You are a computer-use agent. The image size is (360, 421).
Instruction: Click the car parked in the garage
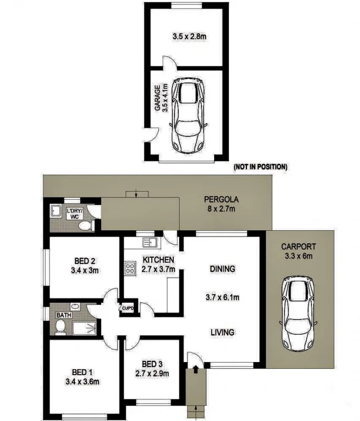pyautogui.click(x=187, y=116)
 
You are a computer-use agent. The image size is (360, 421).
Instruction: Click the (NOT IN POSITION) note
pyautogui.click(x=260, y=167)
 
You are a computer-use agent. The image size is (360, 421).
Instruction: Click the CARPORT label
pyautogui.click(x=298, y=246)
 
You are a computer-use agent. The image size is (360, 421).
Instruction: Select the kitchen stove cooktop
pyautogui.click(x=129, y=269)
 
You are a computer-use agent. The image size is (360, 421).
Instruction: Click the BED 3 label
pyautogui.click(x=153, y=364)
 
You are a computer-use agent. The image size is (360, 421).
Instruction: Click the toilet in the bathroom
pyautogui.click(x=61, y=327)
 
